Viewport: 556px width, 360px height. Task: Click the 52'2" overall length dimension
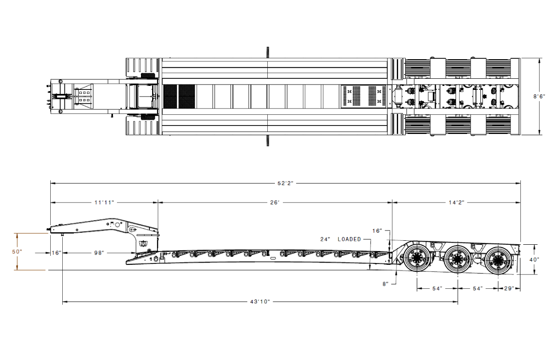point(285,183)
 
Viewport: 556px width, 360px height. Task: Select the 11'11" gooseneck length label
point(104,202)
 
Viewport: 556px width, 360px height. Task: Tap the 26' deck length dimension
point(275,202)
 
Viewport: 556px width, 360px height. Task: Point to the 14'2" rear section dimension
point(456,202)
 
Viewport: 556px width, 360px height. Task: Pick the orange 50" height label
point(17,251)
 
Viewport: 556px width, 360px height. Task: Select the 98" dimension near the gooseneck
point(99,253)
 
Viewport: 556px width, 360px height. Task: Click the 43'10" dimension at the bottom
point(260,302)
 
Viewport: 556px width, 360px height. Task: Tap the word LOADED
point(349,239)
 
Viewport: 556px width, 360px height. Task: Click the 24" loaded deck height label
point(325,239)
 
